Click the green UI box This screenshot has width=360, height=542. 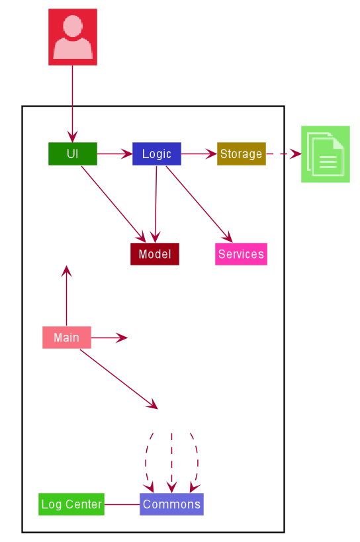(x=73, y=154)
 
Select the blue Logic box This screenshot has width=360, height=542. (x=156, y=154)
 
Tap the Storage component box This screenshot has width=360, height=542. (x=241, y=154)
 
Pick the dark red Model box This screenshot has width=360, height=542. (x=155, y=254)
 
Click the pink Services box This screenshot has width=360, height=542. (x=241, y=254)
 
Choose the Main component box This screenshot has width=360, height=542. (x=67, y=338)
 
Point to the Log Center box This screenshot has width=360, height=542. (x=71, y=504)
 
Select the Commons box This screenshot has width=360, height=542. (x=171, y=504)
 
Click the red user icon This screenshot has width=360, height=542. (x=73, y=37)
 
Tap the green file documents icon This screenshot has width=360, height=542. (x=326, y=154)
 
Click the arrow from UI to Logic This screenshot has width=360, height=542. (x=114, y=154)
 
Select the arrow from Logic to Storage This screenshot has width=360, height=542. (x=199, y=154)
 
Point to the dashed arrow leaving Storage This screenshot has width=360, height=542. (x=284, y=154)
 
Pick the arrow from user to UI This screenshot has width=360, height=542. (x=73, y=104)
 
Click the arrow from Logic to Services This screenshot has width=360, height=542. (x=199, y=204)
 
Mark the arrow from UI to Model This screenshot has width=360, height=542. (x=114, y=204)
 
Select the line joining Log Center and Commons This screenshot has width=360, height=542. (x=122, y=504)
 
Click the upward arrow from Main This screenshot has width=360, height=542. (x=67, y=296)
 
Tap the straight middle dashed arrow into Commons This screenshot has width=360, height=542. (x=171, y=463)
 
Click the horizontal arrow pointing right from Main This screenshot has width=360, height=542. (x=109, y=338)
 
